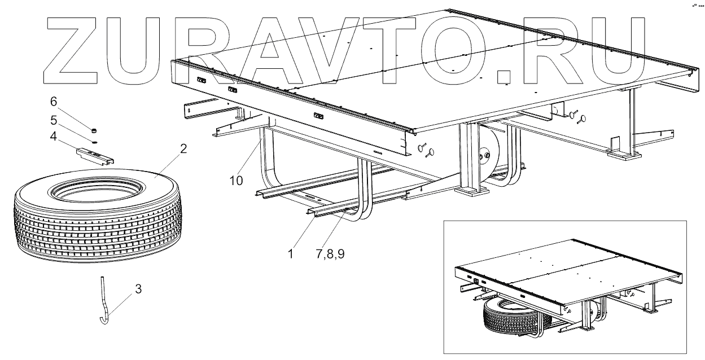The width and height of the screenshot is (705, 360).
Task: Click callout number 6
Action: tap(54, 102)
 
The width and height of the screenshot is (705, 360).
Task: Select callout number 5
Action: tap(54, 121)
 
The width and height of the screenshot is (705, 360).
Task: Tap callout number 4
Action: tap(54, 137)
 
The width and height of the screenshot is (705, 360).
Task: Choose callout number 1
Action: tap(290, 253)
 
